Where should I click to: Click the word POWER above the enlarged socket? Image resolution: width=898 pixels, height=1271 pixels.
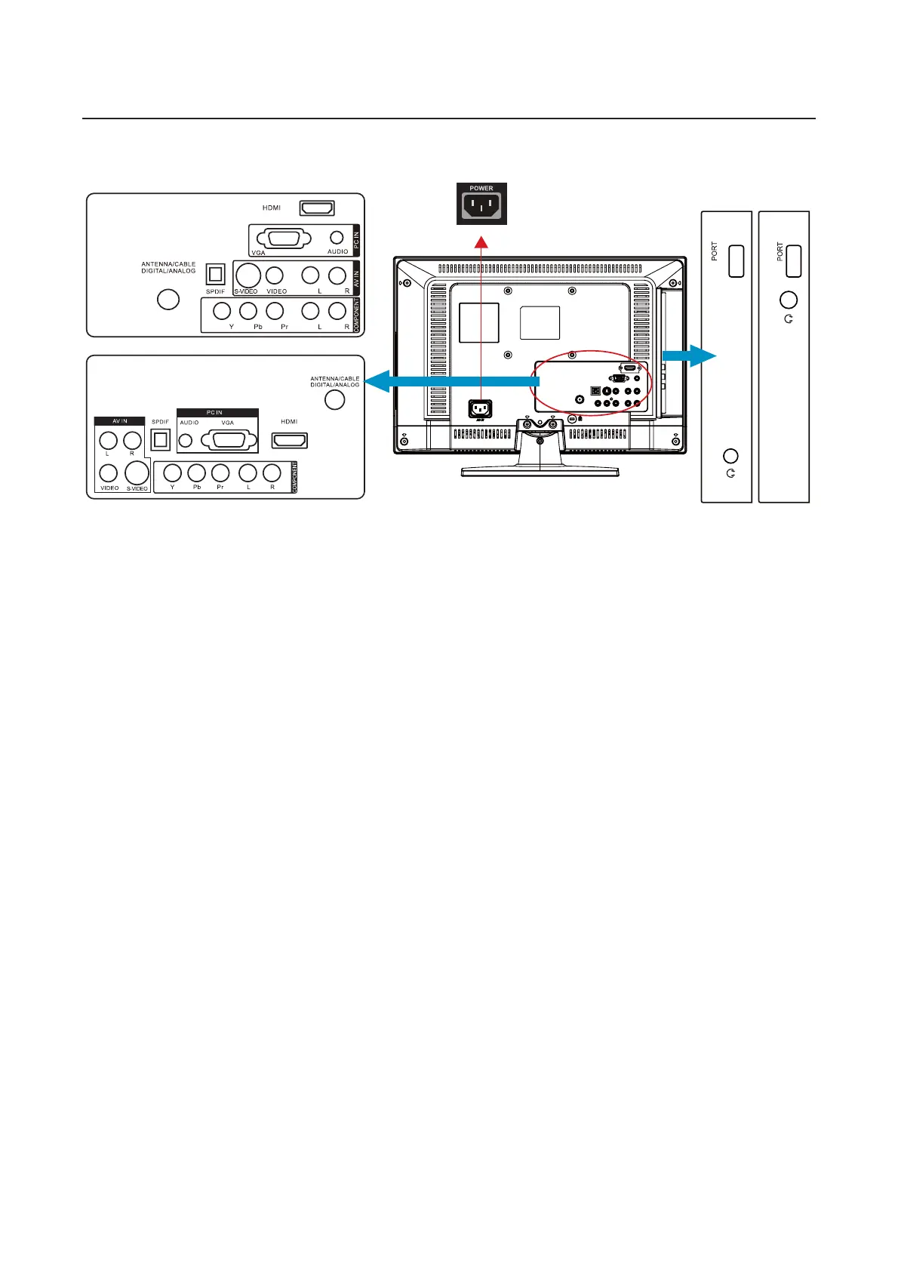(x=481, y=189)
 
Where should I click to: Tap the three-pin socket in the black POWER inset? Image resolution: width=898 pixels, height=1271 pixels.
(x=481, y=206)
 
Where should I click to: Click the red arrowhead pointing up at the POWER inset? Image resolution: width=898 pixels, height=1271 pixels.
(x=481, y=241)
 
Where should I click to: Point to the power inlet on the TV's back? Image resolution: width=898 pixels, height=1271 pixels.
(x=481, y=408)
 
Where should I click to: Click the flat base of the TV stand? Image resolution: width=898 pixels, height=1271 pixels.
(x=540, y=472)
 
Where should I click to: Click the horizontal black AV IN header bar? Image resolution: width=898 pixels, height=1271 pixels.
(x=119, y=421)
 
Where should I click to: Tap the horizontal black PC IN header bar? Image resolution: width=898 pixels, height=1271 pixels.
(x=217, y=413)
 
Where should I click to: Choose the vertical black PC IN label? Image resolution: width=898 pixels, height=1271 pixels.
(x=356, y=240)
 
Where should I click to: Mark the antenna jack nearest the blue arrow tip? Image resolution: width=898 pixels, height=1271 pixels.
(x=334, y=400)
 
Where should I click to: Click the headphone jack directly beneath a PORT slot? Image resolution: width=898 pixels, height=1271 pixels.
(x=788, y=300)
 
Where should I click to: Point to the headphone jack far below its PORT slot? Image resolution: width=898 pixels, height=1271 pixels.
(x=730, y=456)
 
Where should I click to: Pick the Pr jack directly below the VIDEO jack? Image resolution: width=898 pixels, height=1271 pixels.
(x=275, y=310)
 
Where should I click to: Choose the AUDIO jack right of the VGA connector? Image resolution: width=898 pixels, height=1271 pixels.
(x=337, y=237)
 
